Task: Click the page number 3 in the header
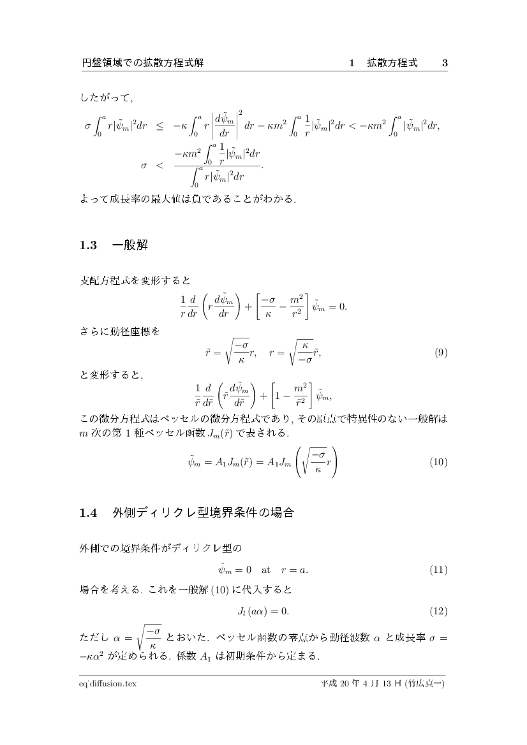click(445, 63)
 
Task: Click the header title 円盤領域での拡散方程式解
click(143, 63)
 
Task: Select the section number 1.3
click(87, 245)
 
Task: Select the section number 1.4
click(87, 512)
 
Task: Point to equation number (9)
click(440, 352)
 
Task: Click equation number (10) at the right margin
click(438, 461)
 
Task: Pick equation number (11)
click(438, 569)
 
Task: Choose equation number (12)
click(438, 611)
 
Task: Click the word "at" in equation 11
click(266, 569)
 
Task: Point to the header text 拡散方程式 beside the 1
click(392, 63)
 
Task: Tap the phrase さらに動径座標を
click(119, 331)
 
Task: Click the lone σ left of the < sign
click(144, 165)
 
